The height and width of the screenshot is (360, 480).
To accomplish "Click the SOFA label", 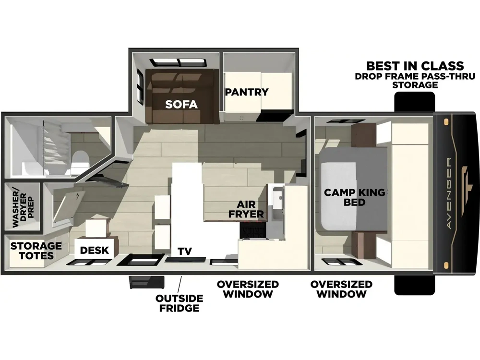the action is click(x=181, y=104).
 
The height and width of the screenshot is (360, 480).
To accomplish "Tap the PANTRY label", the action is click(x=247, y=92).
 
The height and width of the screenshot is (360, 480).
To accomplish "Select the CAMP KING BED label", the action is click(x=355, y=197).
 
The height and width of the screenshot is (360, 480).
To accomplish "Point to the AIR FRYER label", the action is click(x=246, y=209).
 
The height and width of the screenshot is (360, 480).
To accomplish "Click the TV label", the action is click(x=185, y=251).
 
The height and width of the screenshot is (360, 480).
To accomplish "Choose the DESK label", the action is click(x=94, y=250).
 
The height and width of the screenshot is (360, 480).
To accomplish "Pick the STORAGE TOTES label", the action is click(x=36, y=251).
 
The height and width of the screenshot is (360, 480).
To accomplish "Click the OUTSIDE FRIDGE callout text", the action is click(x=180, y=303).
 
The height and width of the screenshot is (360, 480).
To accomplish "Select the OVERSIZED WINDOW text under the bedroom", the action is click(x=341, y=289).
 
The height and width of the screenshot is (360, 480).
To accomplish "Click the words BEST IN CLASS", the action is click(x=415, y=66).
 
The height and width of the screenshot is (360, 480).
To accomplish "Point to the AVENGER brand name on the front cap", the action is click(x=449, y=193).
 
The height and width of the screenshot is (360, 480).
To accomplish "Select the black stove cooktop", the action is click(x=253, y=230).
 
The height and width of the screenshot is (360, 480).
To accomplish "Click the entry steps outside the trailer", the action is click(x=146, y=282).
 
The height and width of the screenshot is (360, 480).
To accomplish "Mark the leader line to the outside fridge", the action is click(x=180, y=284).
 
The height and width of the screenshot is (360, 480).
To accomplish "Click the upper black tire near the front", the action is click(x=415, y=102).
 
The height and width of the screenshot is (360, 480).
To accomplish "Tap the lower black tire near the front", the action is click(x=415, y=285).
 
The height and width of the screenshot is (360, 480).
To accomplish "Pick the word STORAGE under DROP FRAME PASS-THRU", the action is click(x=415, y=85).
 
